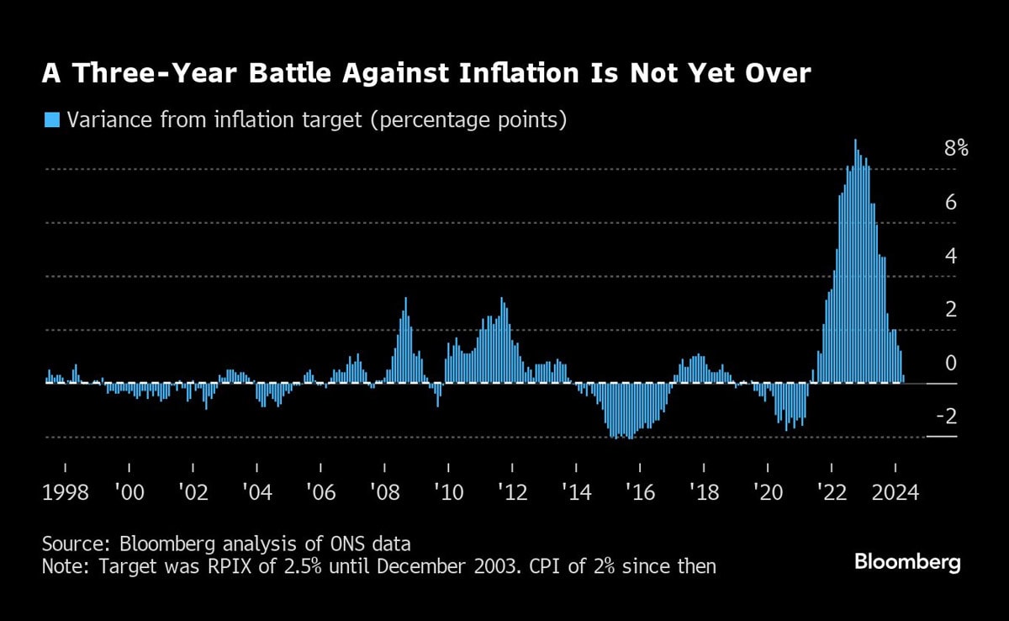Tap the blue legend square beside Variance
[x=52, y=119]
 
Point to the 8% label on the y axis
[x=956, y=150]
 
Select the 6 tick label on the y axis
[x=951, y=203]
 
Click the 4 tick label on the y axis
[x=951, y=257]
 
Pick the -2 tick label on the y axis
[x=947, y=417]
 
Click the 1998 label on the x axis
[x=65, y=491]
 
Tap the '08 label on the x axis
[x=384, y=491]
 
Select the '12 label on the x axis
[x=512, y=491]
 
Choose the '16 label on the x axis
[x=640, y=491]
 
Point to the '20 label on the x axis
[x=768, y=491]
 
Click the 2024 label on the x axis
[x=895, y=491]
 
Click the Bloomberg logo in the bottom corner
[x=907, y=563]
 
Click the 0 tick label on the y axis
[x=951, y=364]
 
